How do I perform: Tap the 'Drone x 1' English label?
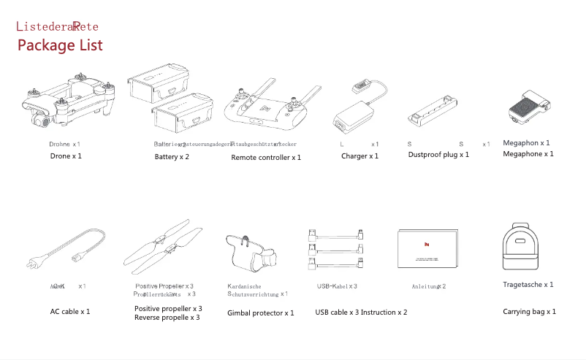pos(66,156)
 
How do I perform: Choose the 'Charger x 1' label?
pos(359,156)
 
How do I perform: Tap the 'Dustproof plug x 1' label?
pos(438,155)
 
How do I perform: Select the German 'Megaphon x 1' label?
pos(527,143)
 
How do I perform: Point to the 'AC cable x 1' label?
pos(70,312)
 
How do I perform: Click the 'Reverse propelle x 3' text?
pos(168,318)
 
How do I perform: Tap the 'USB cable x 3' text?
pos(336,313)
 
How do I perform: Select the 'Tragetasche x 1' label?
pos(528,285)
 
